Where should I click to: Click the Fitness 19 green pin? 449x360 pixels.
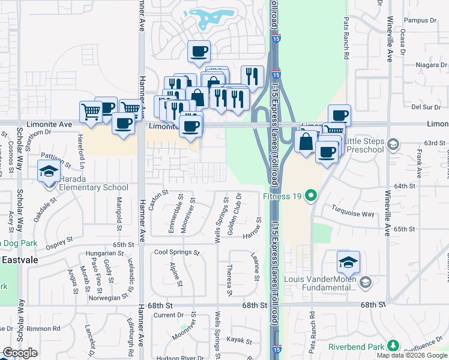pos(311,195)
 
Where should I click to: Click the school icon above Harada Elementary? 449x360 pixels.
pos(49,172)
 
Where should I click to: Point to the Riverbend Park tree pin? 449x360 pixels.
pos(393,346)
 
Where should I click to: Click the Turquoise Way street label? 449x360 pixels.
pos(353,213)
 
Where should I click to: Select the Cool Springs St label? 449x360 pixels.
pos(176,253)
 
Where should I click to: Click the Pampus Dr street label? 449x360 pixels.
pos(419,20)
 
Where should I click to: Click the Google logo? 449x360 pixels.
pos(20,353)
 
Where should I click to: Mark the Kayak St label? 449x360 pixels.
pos(240,340)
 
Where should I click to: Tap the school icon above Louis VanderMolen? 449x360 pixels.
pos(348,262)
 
